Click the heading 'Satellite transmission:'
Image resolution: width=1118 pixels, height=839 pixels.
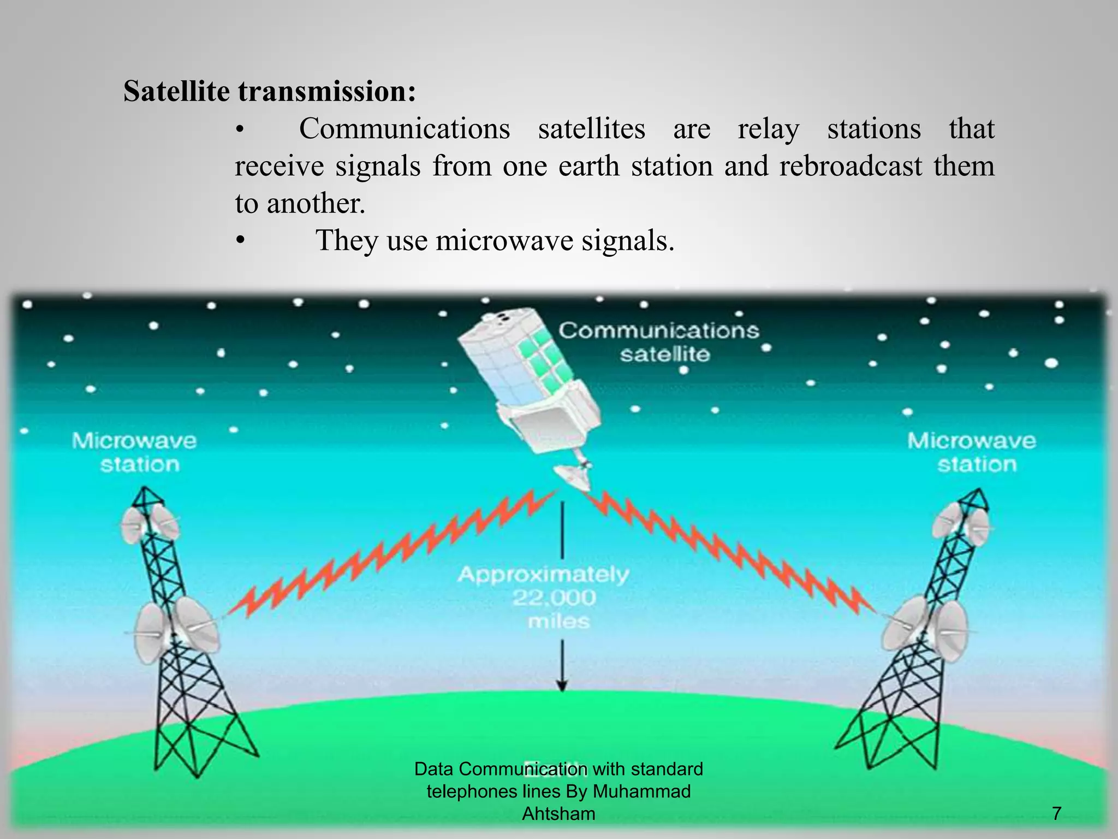[270, 91]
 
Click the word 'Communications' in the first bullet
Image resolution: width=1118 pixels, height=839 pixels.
[405, 129]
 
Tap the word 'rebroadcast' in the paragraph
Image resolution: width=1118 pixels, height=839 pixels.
[851, 166]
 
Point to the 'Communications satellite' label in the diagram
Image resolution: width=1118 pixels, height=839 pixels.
[659, 342]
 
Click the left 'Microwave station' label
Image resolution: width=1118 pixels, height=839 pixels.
[134, 452]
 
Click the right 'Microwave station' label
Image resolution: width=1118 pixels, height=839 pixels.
[972, 452]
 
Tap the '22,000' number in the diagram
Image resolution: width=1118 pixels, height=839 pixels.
[554, 598]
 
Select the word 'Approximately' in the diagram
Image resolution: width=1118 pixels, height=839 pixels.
[544, 575]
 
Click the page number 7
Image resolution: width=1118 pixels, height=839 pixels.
[1057, 813]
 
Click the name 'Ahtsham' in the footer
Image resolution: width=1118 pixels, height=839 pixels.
[558, 814]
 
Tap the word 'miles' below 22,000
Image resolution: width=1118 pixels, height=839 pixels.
[559, 622]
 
